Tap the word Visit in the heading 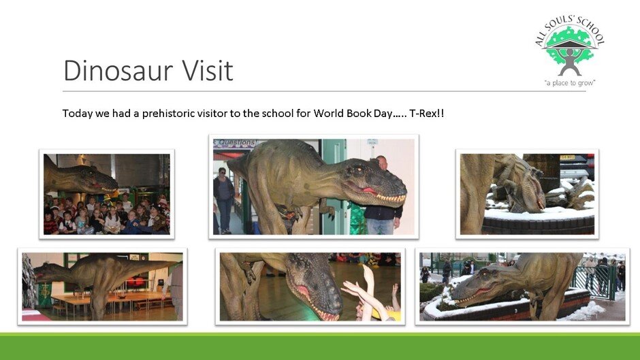pyautogui.click(x=208, y=70)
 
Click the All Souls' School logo pyautogui.click(x=570, y=51)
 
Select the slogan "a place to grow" pyautogui.click(x=570, y=83)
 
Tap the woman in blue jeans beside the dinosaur pyautogui.click(x=224, y=200)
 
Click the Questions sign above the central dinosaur pyautogui.click(x=235, y=143)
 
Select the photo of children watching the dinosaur pyautogui.click(x=107, y=194)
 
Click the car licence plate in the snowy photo pyautogui.click(x=567, y=158)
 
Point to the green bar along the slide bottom pyautogui.click(x=320, y=346)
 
